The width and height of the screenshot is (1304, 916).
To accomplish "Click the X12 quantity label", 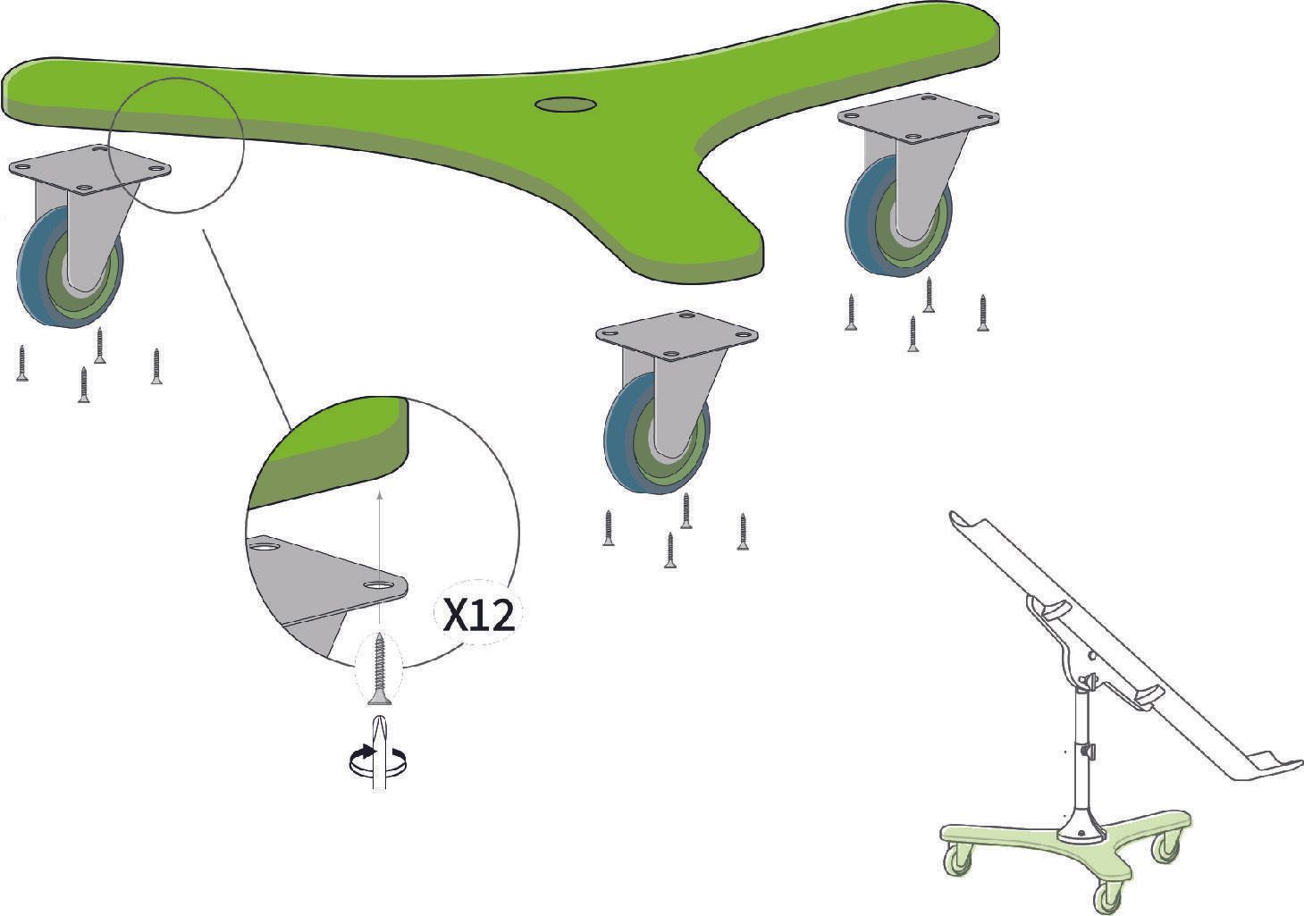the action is (478, 617).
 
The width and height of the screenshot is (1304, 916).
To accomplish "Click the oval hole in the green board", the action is (566, 105).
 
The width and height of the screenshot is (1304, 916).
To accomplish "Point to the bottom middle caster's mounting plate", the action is (677, 336).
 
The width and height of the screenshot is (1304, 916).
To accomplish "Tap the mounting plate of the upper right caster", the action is (919, 118).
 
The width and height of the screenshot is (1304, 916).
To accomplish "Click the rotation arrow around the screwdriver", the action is (378, 760).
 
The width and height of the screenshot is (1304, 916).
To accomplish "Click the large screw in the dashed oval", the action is (380, 669).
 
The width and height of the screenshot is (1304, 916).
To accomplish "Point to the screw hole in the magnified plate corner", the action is (378, 584).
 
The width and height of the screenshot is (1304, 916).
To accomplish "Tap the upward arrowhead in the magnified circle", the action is (380, 495).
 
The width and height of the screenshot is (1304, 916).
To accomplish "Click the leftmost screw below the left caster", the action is (22, 363).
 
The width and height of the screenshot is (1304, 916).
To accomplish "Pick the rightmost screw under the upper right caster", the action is (983, 313).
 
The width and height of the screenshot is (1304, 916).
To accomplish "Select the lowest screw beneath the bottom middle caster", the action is (670, 550).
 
